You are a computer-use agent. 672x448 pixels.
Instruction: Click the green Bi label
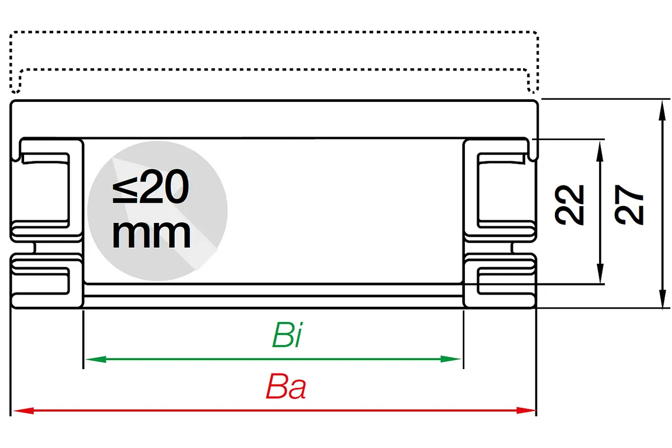coord(287,334)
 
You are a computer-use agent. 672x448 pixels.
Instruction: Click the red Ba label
coord(286,386)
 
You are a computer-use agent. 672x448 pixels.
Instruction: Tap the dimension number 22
coord(569,204)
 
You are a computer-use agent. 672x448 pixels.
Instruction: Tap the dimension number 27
coord(629,204)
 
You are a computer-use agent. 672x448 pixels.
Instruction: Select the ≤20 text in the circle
coord(151,186)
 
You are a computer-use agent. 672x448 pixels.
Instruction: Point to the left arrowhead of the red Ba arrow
coord(24,410)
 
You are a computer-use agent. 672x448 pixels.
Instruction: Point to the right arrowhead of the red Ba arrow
coord(525,410)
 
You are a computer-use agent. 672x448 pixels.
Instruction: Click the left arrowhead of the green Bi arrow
coord(96,359)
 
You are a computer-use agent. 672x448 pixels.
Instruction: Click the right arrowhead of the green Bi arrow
coord(451,359)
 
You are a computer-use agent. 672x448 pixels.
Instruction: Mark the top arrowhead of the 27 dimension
coord(662,111)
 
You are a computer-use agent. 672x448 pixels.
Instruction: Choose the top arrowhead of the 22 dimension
coord(600,152)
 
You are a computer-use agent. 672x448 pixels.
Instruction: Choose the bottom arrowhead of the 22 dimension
coord(600,273)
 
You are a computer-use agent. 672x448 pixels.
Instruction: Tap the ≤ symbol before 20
coord(125,190)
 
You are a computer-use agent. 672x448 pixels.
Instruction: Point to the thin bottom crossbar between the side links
coord(274,290)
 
